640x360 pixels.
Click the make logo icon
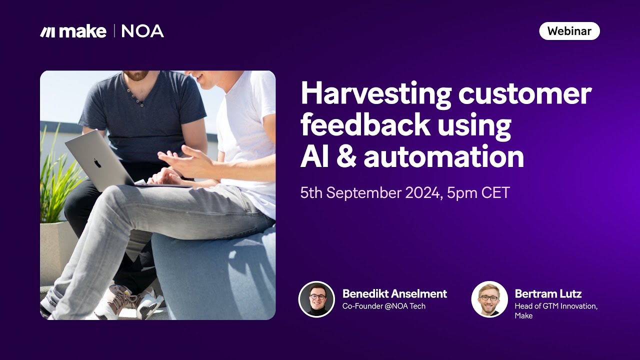point(48,32)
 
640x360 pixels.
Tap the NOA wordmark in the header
point(142,31)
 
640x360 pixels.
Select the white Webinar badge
point(569,31)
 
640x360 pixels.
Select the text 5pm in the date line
point(462,193)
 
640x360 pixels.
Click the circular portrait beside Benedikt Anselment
point(316,299)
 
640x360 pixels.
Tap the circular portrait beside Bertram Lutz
point(489,299)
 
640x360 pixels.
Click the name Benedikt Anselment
point(394,293)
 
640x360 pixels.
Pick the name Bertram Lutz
point(548,293)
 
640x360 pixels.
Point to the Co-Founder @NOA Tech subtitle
point(383,306)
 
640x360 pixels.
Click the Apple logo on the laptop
point(97,162)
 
